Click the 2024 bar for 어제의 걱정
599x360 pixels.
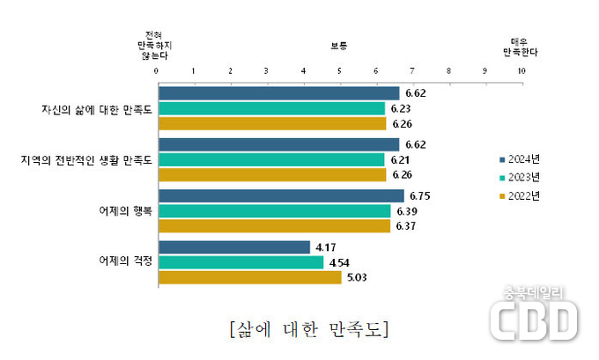click(233, 247)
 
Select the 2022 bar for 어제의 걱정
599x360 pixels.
click(249, 277)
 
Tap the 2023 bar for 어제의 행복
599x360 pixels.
click(274, 211)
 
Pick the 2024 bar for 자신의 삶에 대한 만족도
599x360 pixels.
click(278, 93)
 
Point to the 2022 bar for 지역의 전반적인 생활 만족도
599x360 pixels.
click(271, 175)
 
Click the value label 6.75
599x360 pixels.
click(419, 196)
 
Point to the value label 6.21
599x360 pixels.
click(401, 160)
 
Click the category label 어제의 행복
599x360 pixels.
click(124, 211)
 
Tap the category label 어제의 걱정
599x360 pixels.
click(124, 261)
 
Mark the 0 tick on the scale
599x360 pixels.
click(157, 70)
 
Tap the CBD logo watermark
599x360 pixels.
click(533, 318)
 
